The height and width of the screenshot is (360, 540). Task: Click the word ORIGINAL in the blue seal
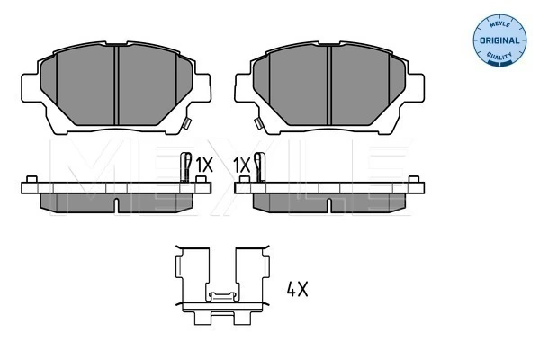pyautogui.click(x=499, y=40)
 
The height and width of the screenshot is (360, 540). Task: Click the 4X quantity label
pyautogui.click(x=298, y=289)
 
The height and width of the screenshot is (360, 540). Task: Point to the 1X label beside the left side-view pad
pyautogui.click(x=204, y=165)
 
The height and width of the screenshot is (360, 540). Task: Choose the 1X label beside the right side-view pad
pyautogui.click(x=241, y=165)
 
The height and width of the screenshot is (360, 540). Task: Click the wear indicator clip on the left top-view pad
pyautogui.click(x=186, y=123)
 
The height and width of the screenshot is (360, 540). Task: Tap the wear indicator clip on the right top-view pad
pyautogui.click(x=258, y=123)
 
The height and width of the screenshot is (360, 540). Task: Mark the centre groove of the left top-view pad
pyautogui.click(x=116, y=85)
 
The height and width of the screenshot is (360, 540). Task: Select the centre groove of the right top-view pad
pyautogui.click(x=328, y=85)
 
